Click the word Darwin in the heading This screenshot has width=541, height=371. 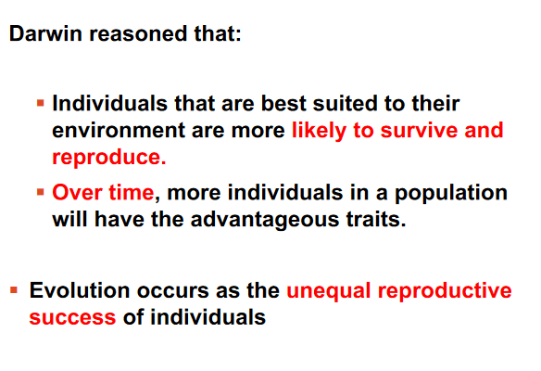point(45,33)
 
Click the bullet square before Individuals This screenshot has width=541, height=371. point(41,103)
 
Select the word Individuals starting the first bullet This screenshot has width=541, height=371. point(109,103)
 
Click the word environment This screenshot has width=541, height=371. point(119,131)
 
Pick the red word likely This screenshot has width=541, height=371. point(319,132)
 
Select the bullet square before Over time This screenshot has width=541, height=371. point(41,192)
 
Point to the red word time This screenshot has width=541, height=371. point(132,192)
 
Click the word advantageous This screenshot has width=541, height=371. point(265,220)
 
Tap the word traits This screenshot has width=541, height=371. point(376,220)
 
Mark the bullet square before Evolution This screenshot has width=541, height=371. point(14,289)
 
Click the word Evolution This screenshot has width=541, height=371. point(80,290)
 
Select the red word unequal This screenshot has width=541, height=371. point(329,291)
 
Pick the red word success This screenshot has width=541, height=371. point(72,318)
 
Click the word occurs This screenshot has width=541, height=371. point(173,291)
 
